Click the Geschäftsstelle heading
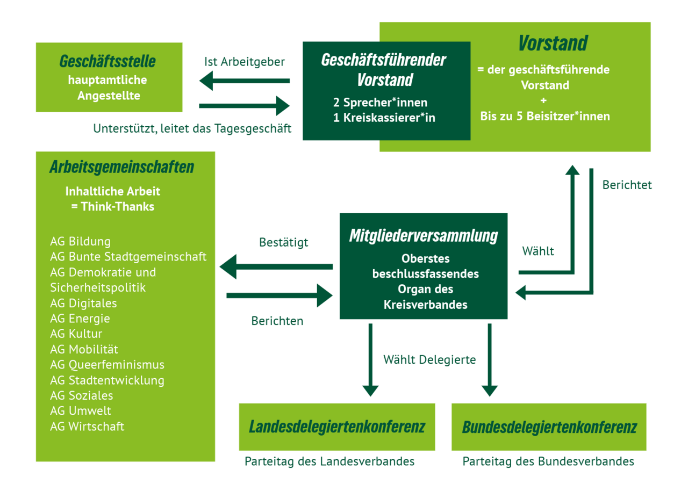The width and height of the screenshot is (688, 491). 107,61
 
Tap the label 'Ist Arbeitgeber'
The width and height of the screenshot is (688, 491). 245,62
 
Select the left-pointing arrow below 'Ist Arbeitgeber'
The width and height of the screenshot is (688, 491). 245,81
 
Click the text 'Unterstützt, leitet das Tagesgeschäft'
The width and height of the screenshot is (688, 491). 192,128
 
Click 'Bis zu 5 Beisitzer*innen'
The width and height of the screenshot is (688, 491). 545,116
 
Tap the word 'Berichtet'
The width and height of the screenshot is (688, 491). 627,185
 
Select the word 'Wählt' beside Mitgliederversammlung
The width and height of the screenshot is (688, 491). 538,251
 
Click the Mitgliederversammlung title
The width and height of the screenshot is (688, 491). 424,235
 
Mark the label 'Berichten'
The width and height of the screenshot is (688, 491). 277,321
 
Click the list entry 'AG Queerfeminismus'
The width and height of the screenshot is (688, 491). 107,365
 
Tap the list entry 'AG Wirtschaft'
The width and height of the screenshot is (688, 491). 87,427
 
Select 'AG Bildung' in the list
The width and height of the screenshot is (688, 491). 80,242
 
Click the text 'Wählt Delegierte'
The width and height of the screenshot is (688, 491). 429,359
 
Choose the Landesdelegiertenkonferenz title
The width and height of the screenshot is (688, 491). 337,427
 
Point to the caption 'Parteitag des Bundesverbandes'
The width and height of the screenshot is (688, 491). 548,461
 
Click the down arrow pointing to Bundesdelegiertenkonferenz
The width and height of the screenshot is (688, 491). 489,360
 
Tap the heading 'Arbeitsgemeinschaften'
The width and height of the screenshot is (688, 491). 121,167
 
